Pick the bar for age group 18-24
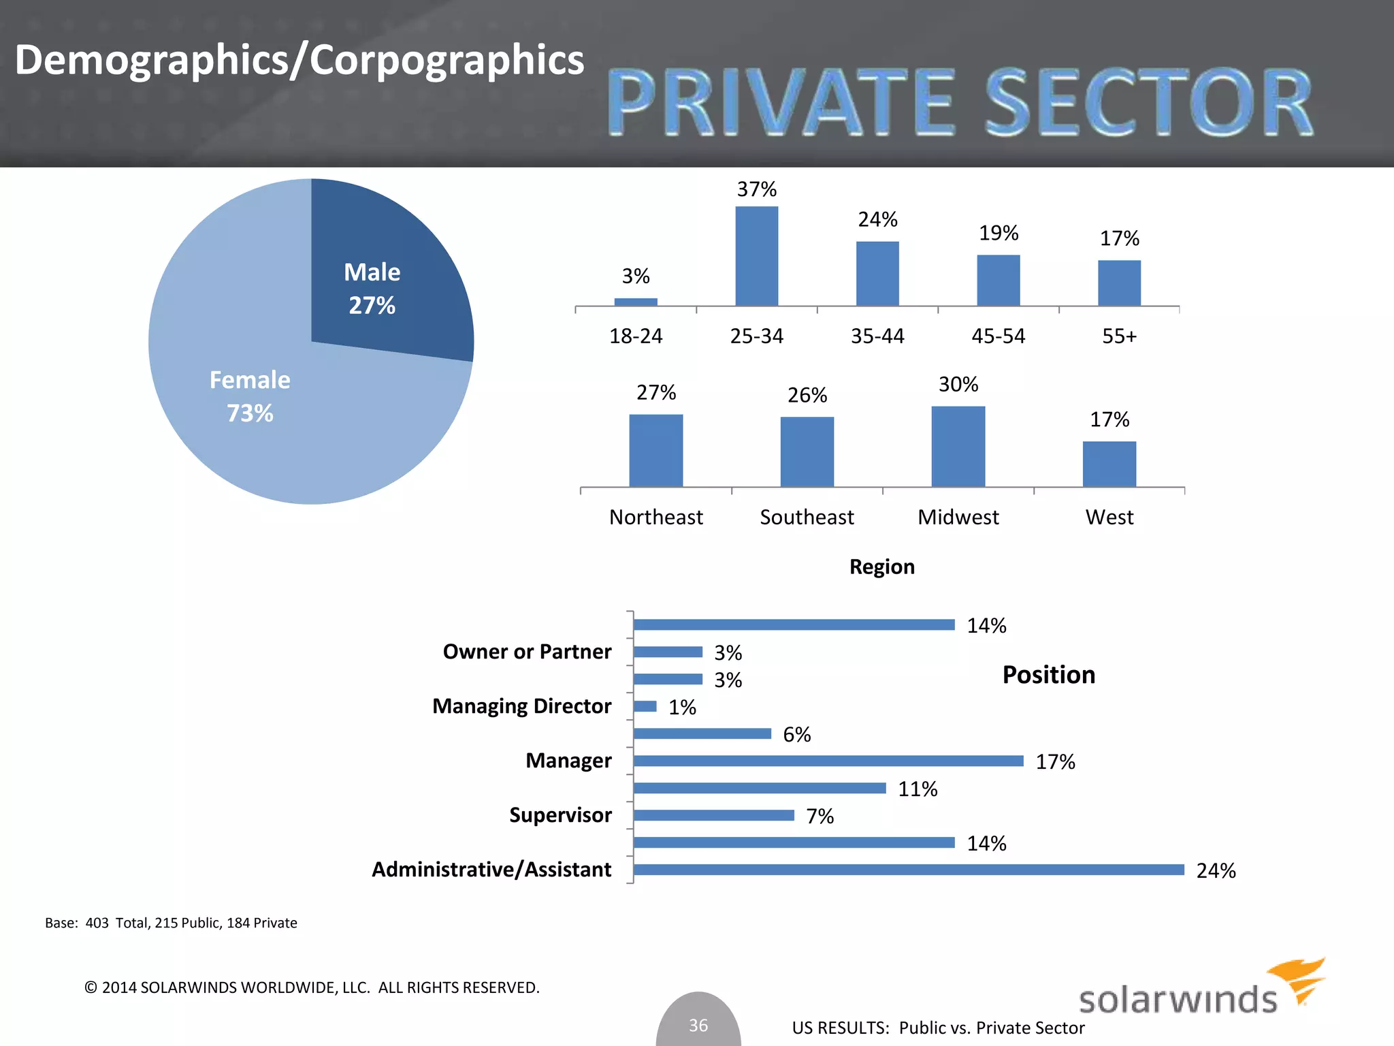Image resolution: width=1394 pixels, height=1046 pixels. point(636,302)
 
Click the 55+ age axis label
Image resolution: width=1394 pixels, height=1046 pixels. point(1119,336)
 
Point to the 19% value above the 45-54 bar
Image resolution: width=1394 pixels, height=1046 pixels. point(999,234)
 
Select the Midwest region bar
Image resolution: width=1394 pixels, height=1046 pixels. point(958,447)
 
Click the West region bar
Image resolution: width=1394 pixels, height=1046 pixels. point(1109,464)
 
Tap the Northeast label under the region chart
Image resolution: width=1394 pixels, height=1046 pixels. point(655,518)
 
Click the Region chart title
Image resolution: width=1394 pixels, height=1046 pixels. point(881,567)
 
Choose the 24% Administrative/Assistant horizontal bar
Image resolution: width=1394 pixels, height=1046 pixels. point(908,870)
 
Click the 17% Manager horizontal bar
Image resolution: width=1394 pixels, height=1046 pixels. point(828,761)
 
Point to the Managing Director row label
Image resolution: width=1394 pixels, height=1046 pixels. point(521,706)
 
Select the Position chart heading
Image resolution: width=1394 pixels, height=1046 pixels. point(1048,675)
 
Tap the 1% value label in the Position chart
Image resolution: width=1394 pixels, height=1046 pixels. point(682,708)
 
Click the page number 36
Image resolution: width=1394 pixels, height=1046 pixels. point(698,1025)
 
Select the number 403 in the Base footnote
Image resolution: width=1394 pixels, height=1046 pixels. point(97,923)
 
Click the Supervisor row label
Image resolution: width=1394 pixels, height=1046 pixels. point(560,815)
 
